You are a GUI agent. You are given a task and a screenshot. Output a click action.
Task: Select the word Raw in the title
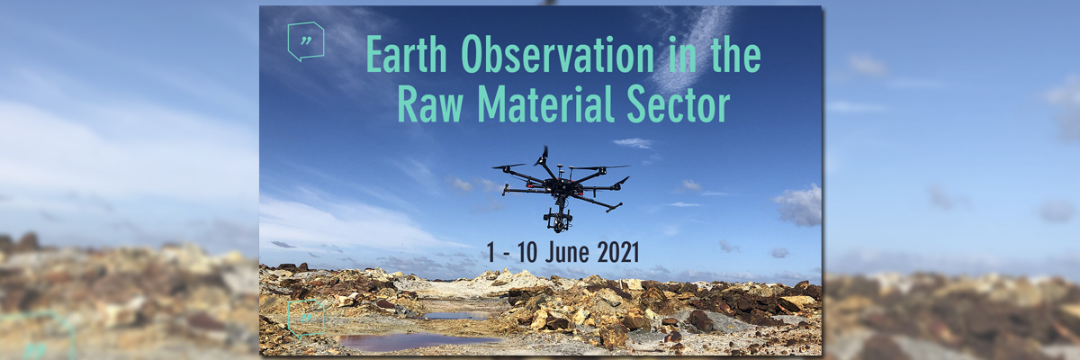pos(430,103)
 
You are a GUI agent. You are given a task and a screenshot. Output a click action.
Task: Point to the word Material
pos(545,103)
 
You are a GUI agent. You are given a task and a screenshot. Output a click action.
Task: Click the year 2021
pos(617,252)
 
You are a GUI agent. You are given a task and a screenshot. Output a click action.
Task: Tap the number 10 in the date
pos(527,252)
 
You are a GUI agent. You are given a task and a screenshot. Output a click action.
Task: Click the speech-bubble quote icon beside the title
pos(306,41)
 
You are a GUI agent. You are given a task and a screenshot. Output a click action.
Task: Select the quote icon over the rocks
pos(306,319)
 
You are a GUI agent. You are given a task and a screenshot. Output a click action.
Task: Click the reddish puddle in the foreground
pos(414,342)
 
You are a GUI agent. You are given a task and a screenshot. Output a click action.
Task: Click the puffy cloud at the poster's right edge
pos(799,205)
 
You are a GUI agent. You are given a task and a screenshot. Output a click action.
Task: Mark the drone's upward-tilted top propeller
pos(543,156)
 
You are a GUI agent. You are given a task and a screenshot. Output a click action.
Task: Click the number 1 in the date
pos(490,252)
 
